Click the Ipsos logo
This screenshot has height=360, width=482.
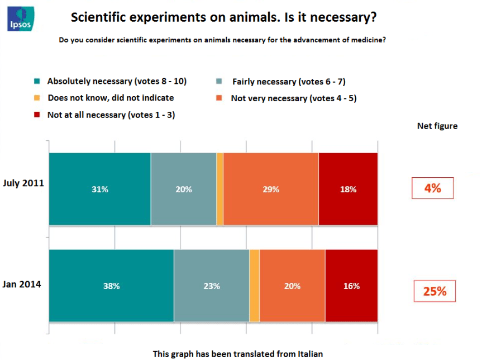click(21, 18)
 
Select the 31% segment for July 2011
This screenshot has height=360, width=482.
click(100, 189)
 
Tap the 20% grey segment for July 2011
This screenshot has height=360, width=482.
click(183, 189)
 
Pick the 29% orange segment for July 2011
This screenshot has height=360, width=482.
click(271, 189)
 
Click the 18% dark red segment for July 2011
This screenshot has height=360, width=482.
click(348, 189)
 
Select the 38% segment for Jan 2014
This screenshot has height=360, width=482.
click(111, 286)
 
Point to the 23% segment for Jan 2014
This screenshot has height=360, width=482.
click(211, 286)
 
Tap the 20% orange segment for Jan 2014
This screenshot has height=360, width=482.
click(292, 286)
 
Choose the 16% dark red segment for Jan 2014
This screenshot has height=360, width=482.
click(351, 286)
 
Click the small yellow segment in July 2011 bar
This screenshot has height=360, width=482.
click(220, 189)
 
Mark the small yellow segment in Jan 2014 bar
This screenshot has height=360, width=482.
click(254, 286)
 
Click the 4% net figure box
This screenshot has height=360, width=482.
click(432, 188)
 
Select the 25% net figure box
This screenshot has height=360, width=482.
click(435, 291)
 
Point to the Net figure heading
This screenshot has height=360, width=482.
click(437, 126)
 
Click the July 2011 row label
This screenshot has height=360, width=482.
click(23, 183)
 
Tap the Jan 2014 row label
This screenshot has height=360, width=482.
click(22, 284)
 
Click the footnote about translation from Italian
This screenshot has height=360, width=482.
click(238, 353)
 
